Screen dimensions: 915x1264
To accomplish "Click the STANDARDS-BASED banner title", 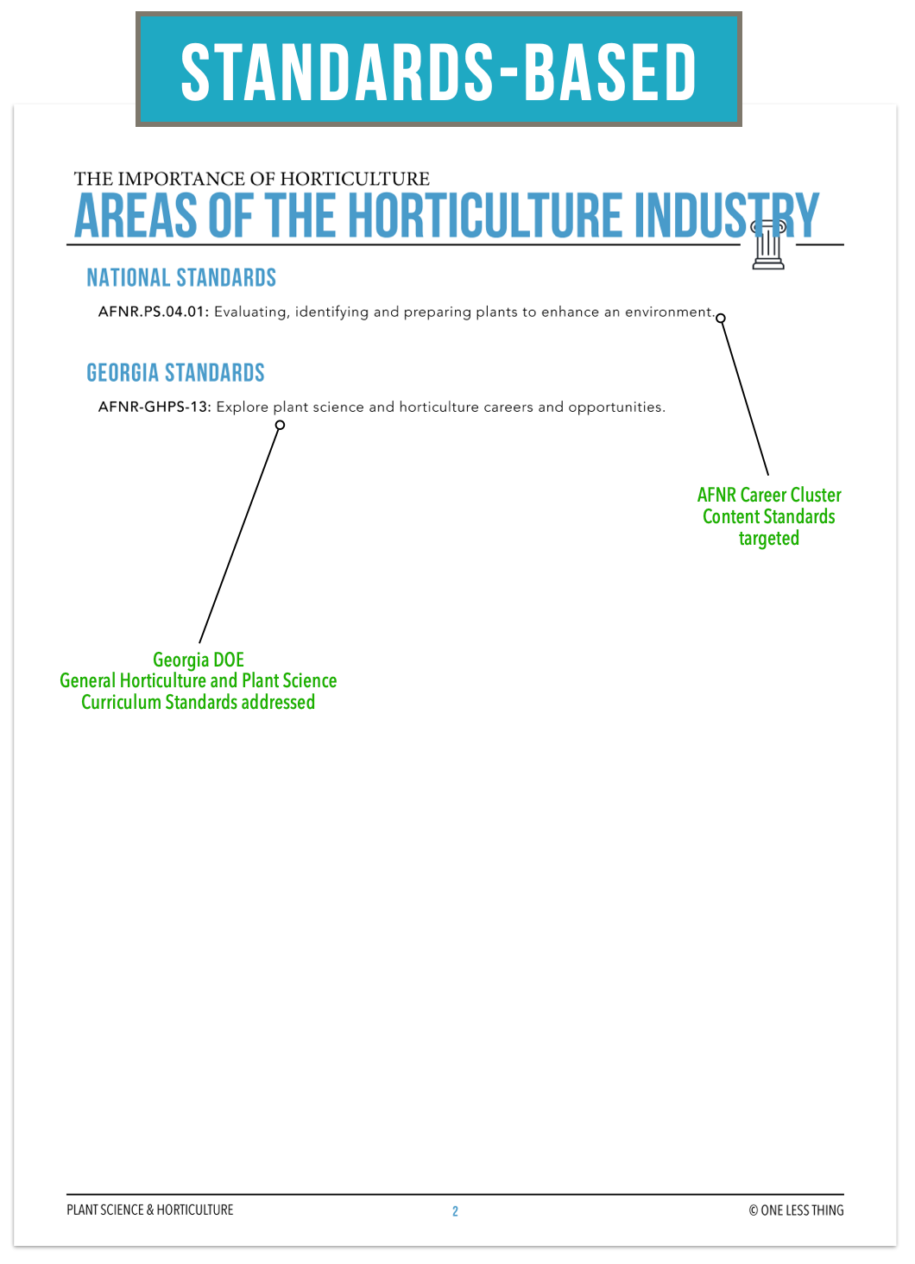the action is [x=439, y=73].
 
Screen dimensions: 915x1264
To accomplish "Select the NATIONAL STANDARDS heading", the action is [x=181, y=278].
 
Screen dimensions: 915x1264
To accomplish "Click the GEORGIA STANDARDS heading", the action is [x=175, y=373].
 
